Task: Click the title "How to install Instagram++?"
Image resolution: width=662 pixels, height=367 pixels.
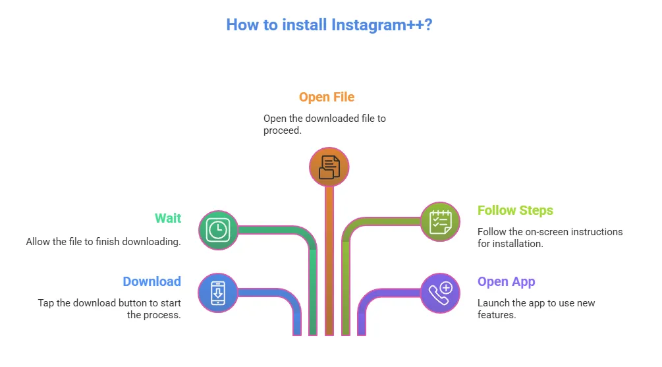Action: [329, 25]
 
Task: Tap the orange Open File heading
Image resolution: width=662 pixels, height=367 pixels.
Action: [326, 98]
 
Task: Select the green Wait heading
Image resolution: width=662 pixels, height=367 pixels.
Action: [168, 218]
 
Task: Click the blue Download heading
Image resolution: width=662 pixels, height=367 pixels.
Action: [152, 281]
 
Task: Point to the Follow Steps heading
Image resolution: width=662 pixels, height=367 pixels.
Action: [515, 211]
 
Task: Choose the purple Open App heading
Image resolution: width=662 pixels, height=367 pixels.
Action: [506, 281]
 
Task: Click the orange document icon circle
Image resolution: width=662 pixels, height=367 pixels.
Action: [329, 167]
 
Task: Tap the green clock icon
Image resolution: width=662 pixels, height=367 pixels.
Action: [218, 230]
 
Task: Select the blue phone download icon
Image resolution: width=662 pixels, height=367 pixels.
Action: [218, 293]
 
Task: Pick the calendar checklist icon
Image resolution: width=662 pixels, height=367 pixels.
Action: [440, 222]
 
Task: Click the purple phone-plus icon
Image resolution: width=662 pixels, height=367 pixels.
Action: [440, 293]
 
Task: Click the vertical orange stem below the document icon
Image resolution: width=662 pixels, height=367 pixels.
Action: [329, 264]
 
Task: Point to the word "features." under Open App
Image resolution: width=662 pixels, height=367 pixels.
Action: [497, 315]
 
